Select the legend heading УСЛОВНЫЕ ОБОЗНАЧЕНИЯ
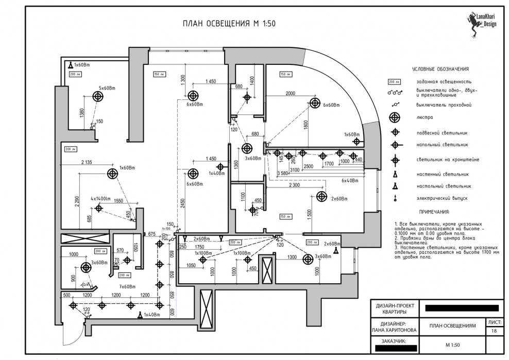tap(440, 69)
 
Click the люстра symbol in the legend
tap(395, 117)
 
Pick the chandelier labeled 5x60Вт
tap(96, 96)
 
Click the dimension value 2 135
tap(86, 162)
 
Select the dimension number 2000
tap(291, 93)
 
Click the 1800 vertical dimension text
tap(306, 124)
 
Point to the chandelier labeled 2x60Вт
tap(322, 196)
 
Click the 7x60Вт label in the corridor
tap(127, 286)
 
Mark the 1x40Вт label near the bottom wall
tap(154, 315)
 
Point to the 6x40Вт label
tap(350, 180)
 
